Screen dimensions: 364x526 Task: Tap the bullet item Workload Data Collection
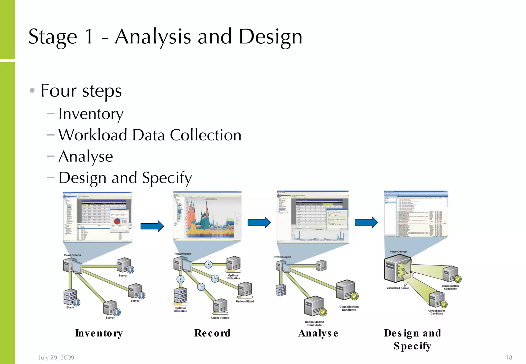(x=150, y=135)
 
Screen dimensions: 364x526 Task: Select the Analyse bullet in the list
(x=86, y=157)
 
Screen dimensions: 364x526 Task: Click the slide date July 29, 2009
(x=57, y=357)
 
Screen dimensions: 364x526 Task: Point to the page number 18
(x=509, y=357)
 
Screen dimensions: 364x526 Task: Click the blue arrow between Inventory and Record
(x=152, y=226)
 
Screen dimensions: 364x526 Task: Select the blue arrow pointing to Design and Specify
(x=366, y=222)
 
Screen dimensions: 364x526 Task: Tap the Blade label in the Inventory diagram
(x=70, y=307)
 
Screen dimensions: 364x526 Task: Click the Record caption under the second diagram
(x=212, y=333)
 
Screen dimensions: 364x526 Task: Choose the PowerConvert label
(x=398, y=252)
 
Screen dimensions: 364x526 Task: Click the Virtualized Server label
(x=398, y=288)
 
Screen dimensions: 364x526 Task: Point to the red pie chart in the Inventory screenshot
(x=117, y=221)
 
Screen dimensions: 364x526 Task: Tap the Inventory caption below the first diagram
(x=99, y=333)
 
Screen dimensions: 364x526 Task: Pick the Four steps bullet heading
(x=81, y=91)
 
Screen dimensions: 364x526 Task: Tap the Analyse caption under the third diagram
(x=318, y=333)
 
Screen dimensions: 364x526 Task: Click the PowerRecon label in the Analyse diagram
(x=282, y=257)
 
